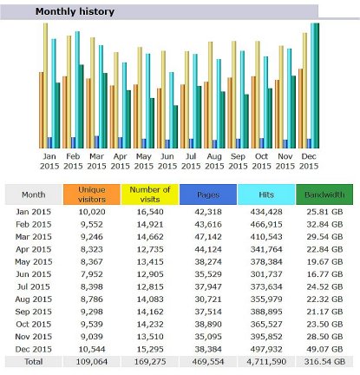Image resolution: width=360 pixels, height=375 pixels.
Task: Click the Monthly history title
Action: click(75, 11)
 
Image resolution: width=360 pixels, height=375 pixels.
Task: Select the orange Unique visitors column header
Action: click(92, 194)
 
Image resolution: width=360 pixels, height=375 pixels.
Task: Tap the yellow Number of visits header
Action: click(150, 194)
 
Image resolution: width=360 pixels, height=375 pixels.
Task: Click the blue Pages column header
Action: click(208, 194)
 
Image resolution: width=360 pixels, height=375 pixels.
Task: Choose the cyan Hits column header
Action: click(266, 194)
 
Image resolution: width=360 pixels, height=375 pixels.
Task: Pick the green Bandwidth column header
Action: click(324, 194)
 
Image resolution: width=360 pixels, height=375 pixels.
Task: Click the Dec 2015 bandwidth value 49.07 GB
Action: click(324, 349)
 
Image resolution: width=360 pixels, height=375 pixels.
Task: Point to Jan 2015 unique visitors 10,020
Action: click(92, 212)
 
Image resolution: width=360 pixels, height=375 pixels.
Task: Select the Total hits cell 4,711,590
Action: click(266, 362)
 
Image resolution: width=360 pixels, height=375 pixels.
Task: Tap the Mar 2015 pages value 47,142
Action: click(208, 237)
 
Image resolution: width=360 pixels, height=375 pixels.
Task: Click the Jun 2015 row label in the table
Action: click(34, 274)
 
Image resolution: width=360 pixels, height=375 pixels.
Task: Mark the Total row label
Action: click(34, 362)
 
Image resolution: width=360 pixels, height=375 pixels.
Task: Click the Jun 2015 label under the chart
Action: click(167, 161)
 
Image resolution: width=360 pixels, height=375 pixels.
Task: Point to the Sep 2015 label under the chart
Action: click(238, 161)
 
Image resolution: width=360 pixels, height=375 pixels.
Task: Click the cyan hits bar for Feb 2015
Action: click(77, 89)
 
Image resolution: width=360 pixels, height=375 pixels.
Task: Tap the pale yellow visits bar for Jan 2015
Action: click(46, 86)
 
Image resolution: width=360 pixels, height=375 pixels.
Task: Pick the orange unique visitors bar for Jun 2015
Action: click(160, 118)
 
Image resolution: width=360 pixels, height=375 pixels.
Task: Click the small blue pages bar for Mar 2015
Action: click(96, 142)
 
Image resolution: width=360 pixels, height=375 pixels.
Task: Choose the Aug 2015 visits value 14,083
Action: click(150, 299)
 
